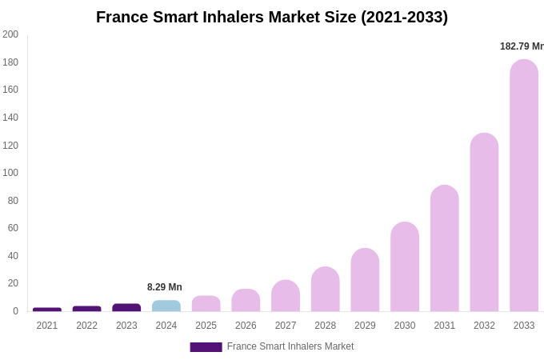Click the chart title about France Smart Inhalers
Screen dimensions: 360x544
coord(272,17)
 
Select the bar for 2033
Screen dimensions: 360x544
coord(524,186)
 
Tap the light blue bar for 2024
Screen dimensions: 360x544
coord(166,306)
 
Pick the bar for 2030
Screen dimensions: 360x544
coord(405,267)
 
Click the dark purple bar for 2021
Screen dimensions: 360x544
coord(47,309)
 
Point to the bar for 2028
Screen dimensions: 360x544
coord(326,290)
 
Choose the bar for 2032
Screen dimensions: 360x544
coord(484,222)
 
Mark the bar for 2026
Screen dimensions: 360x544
coord(246,301)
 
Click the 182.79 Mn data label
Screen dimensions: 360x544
coord(522,46)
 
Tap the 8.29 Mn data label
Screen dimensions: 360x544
coord(165,287)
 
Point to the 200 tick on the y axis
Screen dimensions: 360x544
coord(10,34)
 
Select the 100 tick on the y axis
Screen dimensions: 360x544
coord(10,173)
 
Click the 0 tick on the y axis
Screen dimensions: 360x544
coord(15,311)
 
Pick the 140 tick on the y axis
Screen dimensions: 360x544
coord(10,118)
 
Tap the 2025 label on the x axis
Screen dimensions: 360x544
coord(206,326)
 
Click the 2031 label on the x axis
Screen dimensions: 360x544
coord(444,326)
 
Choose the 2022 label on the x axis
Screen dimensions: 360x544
coord(86,326)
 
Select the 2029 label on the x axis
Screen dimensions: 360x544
coord(365,326)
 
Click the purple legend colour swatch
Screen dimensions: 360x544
coord(206,347)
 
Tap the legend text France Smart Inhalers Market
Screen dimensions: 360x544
coord(290,346)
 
